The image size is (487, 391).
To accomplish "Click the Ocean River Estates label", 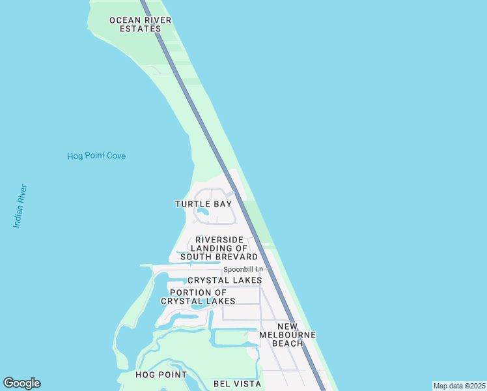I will pos(140,24).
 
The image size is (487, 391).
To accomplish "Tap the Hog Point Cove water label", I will pos(96,156).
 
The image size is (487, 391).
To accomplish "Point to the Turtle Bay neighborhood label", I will pos(203,204).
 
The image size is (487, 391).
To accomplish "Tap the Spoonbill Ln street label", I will pos(243,269).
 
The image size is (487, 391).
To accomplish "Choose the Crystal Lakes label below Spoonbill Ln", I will pos(225,280).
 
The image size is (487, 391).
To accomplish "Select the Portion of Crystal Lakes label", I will pos(198,297).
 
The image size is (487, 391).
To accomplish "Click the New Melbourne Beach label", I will pos(287,334).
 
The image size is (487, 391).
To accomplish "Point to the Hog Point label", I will pos(161,375).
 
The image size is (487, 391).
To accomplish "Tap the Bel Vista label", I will pos(237,384).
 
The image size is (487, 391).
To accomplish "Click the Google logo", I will pos(21,383).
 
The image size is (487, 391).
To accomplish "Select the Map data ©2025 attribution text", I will pos(459,386).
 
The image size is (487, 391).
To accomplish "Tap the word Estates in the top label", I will pos(140,29).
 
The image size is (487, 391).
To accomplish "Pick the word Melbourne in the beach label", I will pos(287,334).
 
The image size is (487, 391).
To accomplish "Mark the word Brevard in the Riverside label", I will pos(235,257).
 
